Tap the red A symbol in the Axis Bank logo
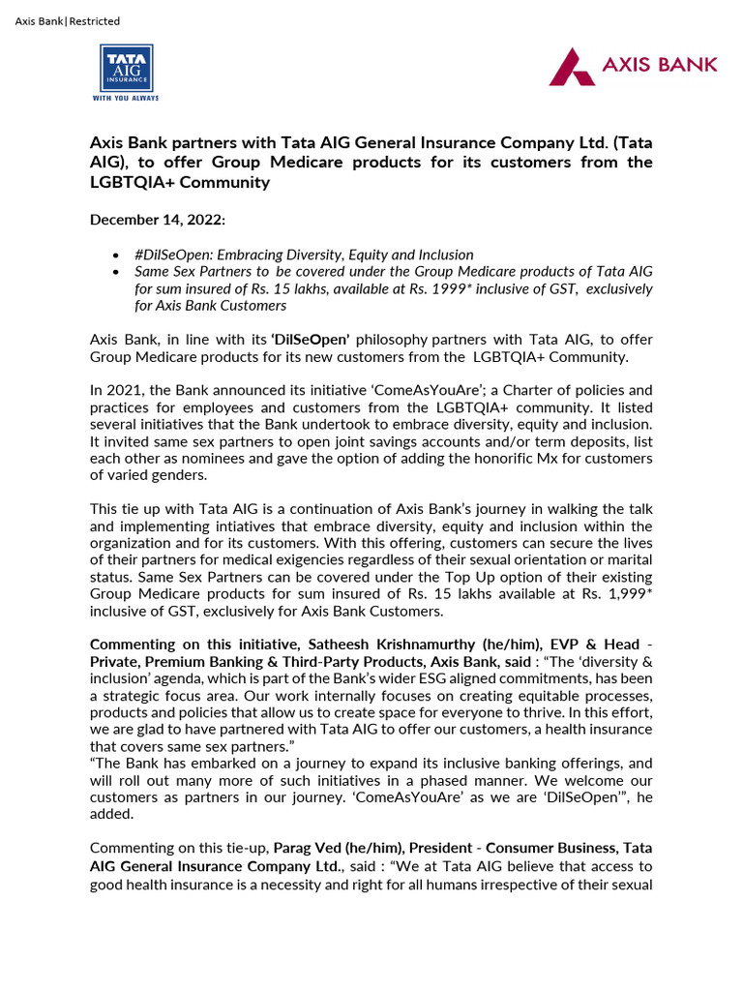click(x=572, y=66)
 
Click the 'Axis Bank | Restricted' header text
click(x=68, y=21)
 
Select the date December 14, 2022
click(x=158, y=220)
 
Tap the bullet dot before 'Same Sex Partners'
click(x=116, y=272)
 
